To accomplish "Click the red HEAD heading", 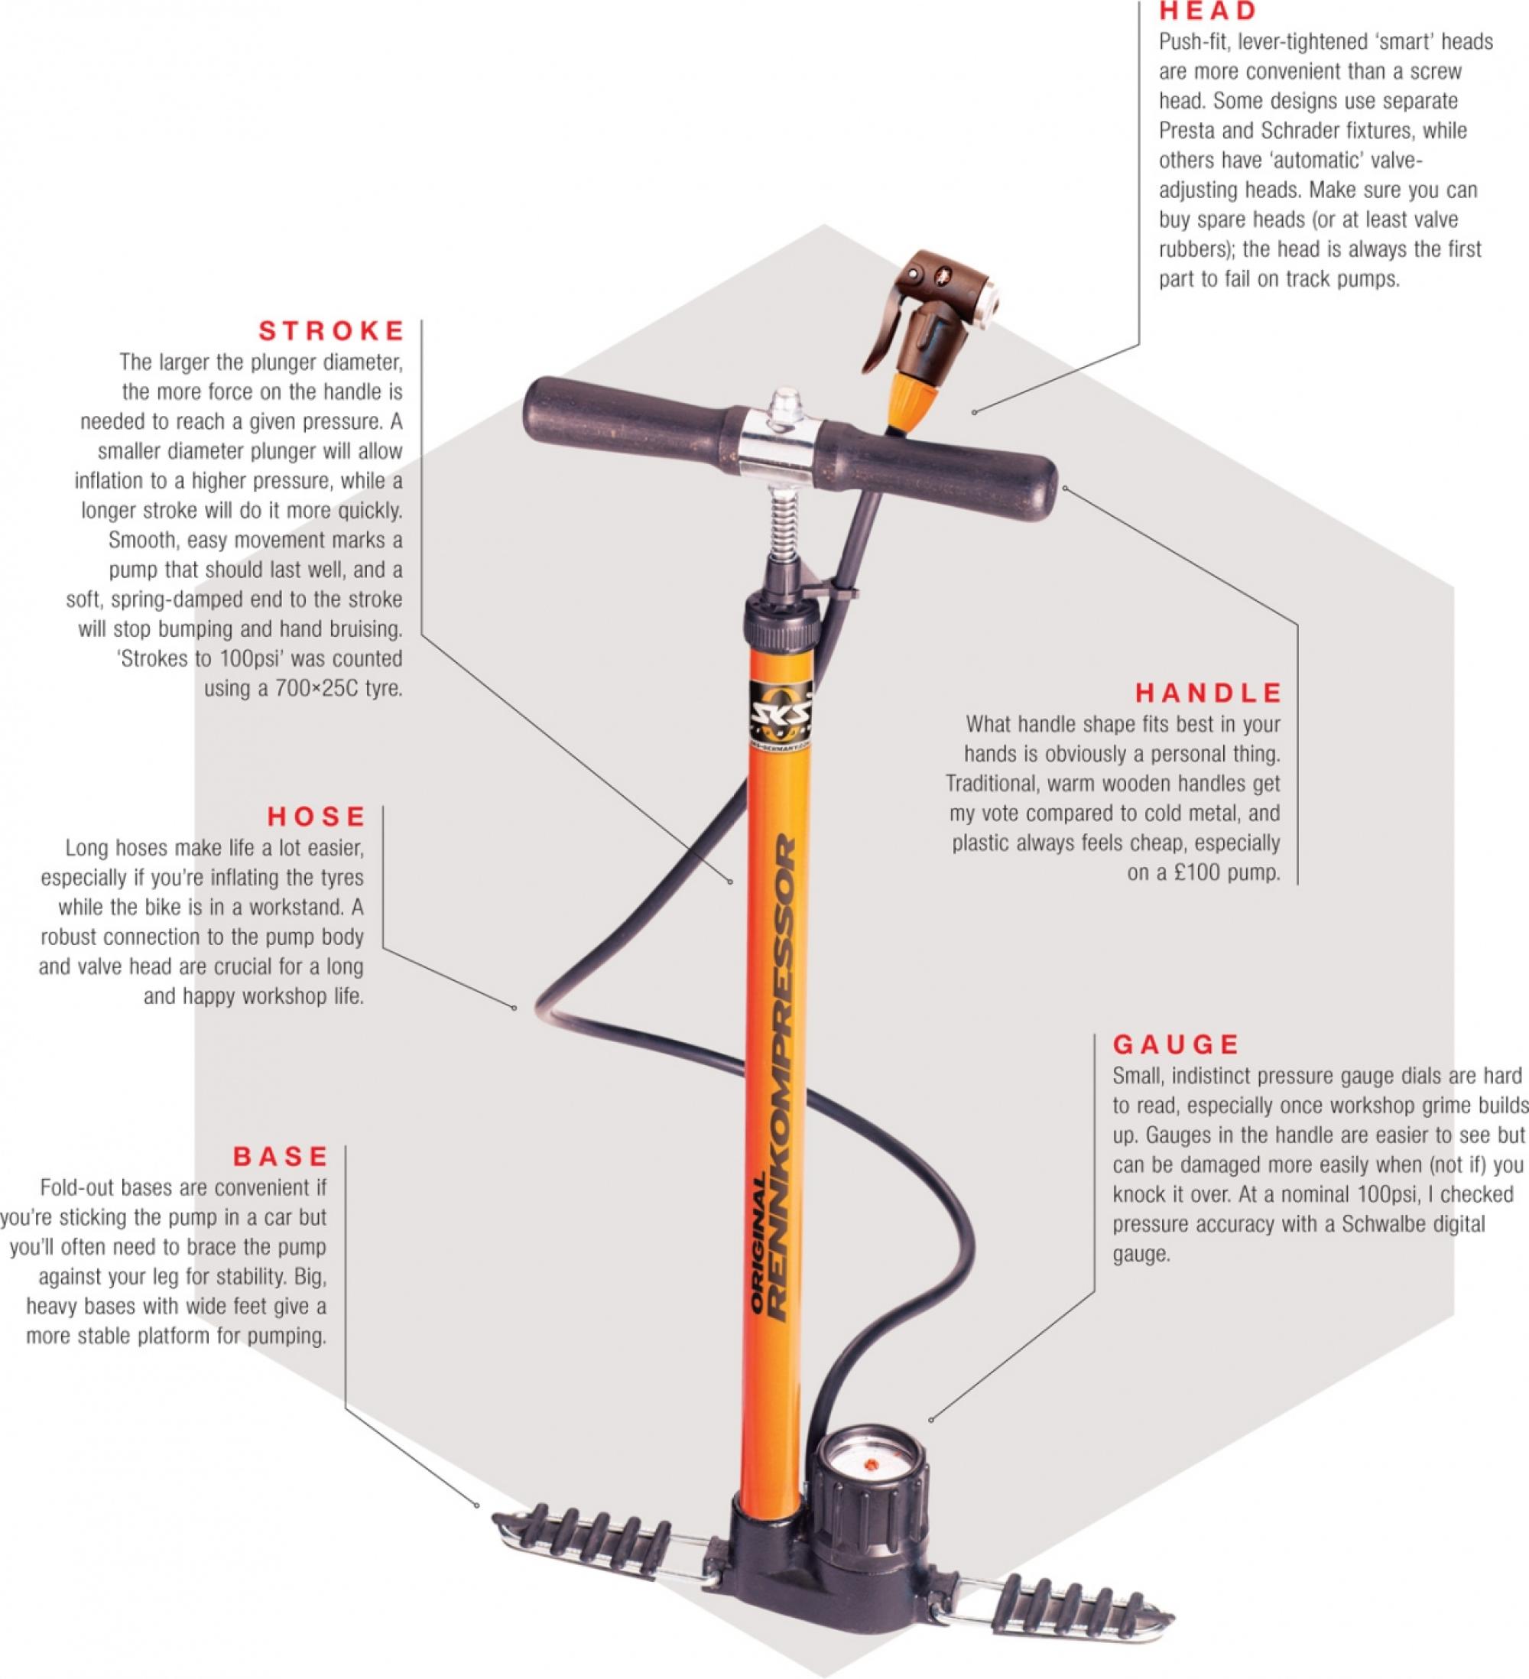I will coord(1208,11).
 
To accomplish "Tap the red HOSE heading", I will coord(317,817).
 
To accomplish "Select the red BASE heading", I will coord(281,1156).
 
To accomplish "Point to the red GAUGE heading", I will coord(1176,1044).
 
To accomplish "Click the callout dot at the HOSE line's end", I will coord(514,1008).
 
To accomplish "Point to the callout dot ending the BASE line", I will coord(476,1505).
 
